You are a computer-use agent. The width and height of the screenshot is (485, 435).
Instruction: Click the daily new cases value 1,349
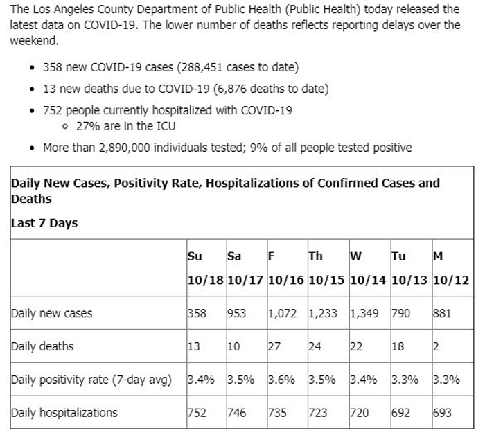click(x=364, y=313)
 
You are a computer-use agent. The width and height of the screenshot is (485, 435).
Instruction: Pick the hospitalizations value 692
click(x=400, y=412)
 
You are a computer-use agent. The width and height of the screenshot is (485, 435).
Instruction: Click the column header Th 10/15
click(x=326, y=268)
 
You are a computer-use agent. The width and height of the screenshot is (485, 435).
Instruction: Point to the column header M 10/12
click(x=450, y=268)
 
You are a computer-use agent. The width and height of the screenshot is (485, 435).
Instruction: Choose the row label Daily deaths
click(x=42, y=346)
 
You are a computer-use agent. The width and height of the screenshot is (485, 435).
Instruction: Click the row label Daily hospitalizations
click(x=64, y=413)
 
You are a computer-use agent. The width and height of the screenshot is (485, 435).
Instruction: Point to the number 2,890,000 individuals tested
click(x=124, y=148)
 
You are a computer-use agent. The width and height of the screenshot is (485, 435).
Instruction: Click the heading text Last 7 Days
click(x=44, y=223)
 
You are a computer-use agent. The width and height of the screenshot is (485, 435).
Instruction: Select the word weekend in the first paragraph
click(x=34, y=40)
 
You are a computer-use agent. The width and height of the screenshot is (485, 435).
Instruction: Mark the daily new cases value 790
click(x=400, y=313)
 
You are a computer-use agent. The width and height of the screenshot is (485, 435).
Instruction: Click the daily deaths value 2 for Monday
click(x=436, y=346)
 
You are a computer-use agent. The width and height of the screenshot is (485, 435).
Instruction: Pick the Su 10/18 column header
click(x=205, y=268)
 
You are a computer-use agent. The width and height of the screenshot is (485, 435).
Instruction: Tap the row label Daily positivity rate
click(x=91, y=380)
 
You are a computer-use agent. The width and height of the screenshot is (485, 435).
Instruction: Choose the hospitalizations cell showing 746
click(x=237, y=412)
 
